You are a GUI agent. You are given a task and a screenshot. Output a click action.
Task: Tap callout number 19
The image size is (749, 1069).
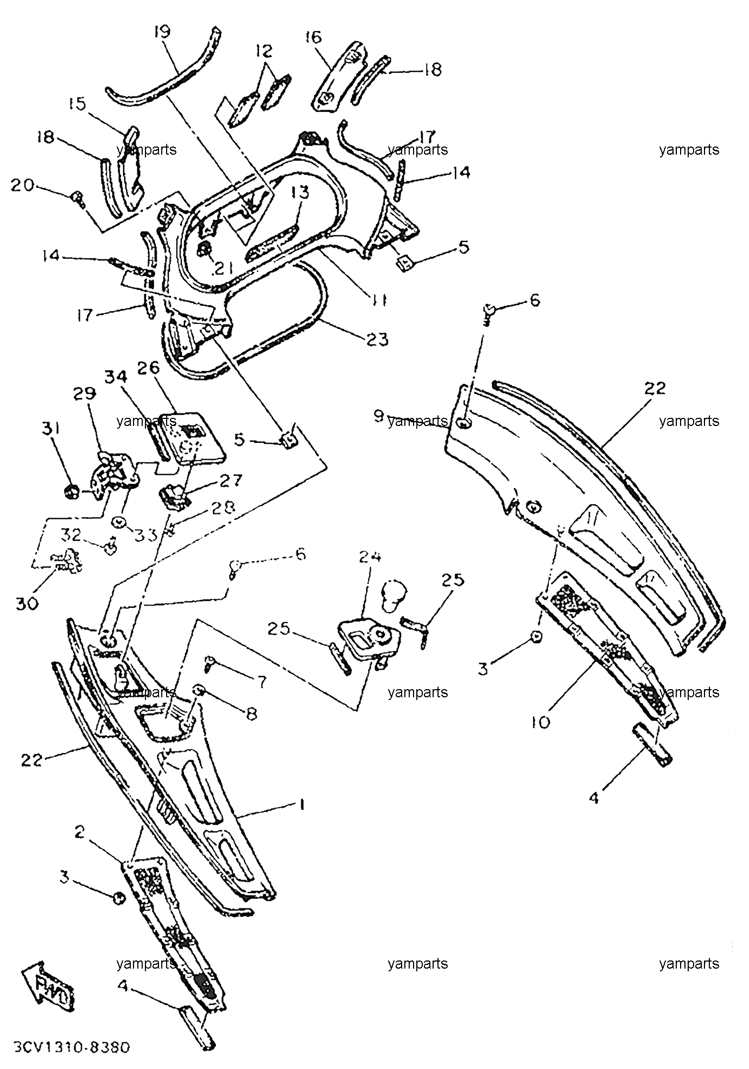click(162, 31)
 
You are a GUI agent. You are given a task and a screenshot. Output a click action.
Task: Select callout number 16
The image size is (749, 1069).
click(314, 37)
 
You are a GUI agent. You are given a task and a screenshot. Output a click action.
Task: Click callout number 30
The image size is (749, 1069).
click(27, 603)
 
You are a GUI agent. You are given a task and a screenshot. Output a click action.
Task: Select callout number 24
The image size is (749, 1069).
click(370, 556)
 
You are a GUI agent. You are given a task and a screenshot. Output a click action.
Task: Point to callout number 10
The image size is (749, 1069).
click(541, 721)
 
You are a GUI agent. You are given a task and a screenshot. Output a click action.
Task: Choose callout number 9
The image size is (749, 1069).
click(378, 416)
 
